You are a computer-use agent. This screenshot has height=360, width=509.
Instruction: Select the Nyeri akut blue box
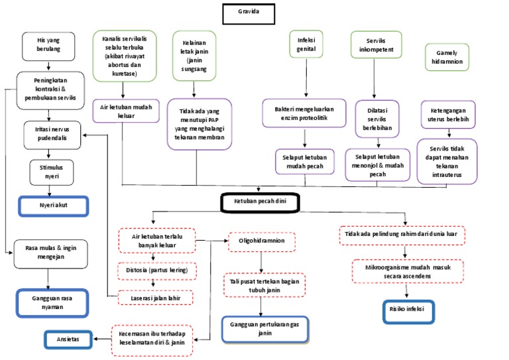pos(52,206)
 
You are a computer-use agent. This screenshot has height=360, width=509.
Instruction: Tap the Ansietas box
pos(68,339)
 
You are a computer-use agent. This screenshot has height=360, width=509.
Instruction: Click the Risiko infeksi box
pos(408,310)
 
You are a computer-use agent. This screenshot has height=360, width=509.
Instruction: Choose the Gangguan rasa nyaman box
pos(51,303)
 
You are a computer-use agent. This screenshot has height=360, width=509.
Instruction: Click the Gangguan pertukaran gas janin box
pos(264,328)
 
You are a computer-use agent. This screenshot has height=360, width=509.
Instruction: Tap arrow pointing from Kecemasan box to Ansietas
pos(101,339)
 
